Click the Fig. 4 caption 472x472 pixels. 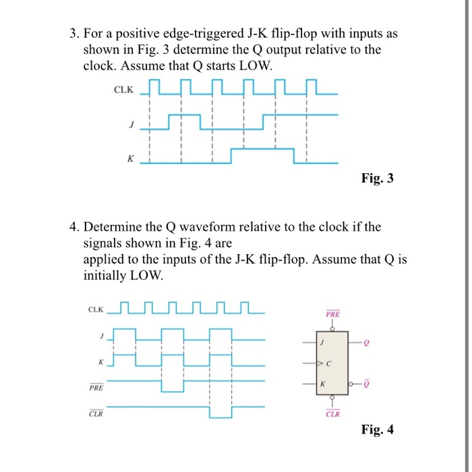coord(377,429)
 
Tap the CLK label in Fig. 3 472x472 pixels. coord(124,90)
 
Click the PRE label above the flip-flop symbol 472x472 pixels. coord(333,314)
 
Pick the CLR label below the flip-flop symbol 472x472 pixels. coord(333,414)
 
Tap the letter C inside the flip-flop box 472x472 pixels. coord(328,364)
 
